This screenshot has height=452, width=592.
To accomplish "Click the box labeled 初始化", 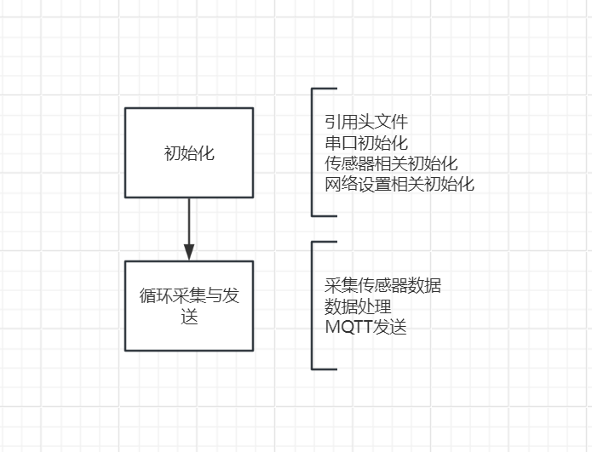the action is (x=189, y=153).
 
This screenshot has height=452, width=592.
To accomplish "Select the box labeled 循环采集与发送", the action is (x=189, y=306).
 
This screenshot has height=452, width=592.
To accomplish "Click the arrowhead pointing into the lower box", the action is (x=189, y=252).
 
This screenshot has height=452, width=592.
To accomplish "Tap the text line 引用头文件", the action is (x=366, y=123).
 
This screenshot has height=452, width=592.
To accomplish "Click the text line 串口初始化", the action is (x=366, y=143).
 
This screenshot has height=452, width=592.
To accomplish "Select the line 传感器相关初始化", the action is (x=391, y=163).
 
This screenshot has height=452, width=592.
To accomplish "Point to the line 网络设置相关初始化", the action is (x=399, y=185).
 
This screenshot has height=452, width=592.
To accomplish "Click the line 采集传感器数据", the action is (x=382, y=286).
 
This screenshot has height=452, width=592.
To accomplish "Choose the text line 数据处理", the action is (x=358, y=306).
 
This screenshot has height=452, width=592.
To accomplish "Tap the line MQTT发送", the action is (x=365, y=327).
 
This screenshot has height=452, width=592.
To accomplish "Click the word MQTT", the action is (x=349, y=327).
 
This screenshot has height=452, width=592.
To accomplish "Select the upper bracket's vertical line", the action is (x=312, y=152).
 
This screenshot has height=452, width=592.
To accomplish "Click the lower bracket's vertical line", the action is (x=312, y=306).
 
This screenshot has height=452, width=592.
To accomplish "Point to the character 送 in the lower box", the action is (x=189, y=317).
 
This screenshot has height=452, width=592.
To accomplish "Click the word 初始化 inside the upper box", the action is (x=189, y=153).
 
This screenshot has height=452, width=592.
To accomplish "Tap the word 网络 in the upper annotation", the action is (x=342, y=185).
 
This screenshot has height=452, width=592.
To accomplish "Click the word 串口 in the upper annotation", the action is (x=341, y=143).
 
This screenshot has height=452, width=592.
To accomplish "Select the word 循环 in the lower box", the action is (x=156, y=295).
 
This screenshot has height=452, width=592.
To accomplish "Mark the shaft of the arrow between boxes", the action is (x=189, y=221).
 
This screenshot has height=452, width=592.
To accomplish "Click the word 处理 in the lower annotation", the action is (x=375, y=306).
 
